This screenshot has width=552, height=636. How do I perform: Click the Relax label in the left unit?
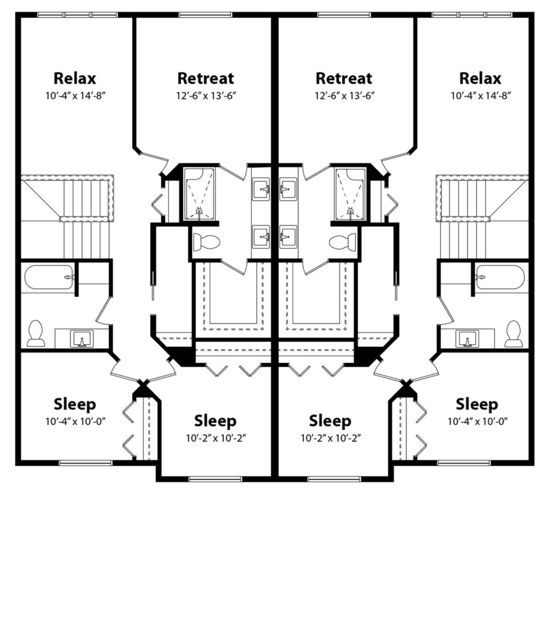click(x=75, y=78)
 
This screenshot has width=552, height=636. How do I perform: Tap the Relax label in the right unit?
click(x=480, y=78)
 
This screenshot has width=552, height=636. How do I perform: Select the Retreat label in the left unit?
click(x=205, y=78)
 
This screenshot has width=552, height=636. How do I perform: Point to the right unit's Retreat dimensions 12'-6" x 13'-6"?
click(x=344, y=96)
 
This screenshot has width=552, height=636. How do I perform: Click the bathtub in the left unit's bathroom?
click(x=49, y=277)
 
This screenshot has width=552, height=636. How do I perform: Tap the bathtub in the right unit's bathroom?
click(x=500, y=277)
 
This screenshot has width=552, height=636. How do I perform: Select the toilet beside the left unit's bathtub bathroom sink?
click(x=36, y=333)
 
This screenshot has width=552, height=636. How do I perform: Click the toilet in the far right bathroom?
click(x=513, y=334)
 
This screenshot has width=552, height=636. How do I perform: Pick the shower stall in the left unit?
click(x=199, y=195)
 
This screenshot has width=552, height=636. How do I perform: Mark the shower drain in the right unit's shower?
click(x=350, y=211)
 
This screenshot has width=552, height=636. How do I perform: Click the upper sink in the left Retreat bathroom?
click(x=261, y=189)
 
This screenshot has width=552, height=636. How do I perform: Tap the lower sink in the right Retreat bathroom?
click(x=288, y=236)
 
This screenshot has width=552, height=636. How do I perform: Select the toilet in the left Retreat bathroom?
click(x=206, y=242)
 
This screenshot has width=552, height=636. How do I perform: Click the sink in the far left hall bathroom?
click(x=82, y=339)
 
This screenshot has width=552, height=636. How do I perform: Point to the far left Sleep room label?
click(x=75, y=404)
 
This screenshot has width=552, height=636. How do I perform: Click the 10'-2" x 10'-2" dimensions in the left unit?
click(x=215, y=438)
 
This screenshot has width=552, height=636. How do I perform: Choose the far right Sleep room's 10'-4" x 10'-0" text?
click(x=477, y=421)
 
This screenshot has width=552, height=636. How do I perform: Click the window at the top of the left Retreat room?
click(x=205, y=15)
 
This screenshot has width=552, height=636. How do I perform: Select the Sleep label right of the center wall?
click(x=330, y=421)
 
